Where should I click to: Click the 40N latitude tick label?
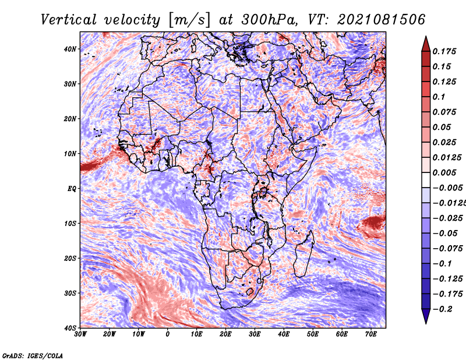point(70,49)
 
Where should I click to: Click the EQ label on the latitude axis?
point(72,189)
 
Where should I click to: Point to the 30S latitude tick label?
point(70,294)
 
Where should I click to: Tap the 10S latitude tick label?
point(70,224)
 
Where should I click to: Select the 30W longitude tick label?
point(80,334)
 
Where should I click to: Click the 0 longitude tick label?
point(168,334)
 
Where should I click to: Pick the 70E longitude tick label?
point(371,334)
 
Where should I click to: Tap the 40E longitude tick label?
point(284,334)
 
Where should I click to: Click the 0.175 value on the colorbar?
point(444,51)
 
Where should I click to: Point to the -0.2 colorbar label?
point(442,309)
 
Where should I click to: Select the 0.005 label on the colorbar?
point(444,172)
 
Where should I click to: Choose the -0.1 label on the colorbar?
point(442,264)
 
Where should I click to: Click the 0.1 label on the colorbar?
point(439,97)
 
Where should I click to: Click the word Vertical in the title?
point(69,20)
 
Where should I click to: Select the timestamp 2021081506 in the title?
point(382,20)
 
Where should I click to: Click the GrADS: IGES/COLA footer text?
point(33,356)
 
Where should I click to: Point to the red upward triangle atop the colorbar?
point(426,44)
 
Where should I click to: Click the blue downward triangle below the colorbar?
point(426,316)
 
